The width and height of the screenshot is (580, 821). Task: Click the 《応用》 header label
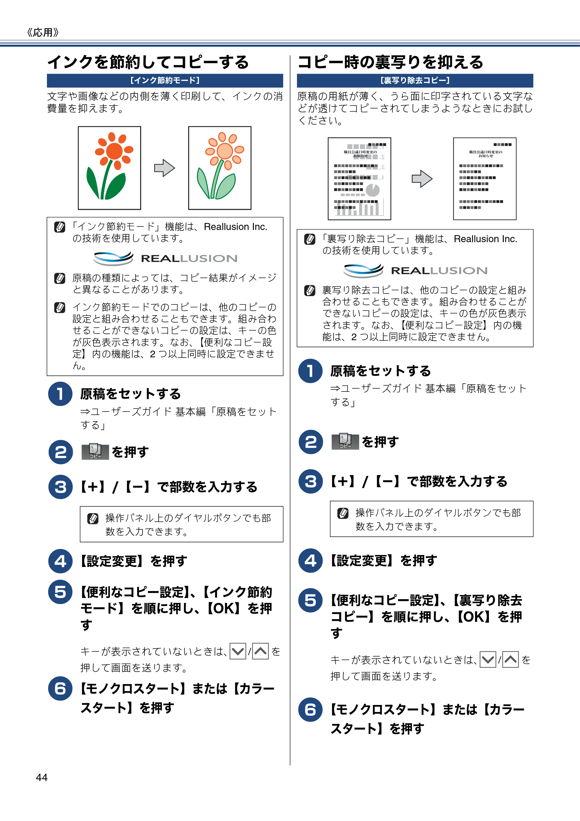(x=43, y=32)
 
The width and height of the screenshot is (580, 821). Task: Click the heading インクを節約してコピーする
(x=148, y=62)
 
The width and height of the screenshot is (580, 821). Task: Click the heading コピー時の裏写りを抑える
(x=390, y=62)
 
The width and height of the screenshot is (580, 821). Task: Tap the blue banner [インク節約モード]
(x=165, y=80)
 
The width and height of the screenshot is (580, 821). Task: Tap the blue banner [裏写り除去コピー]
(x=415, y=80)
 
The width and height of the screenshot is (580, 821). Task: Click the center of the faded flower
(x=224, y=151)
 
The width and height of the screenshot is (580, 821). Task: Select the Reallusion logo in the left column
(x=165, y=258)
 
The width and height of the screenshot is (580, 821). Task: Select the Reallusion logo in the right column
(x=415, y=270)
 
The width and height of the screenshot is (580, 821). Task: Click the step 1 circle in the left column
(x=60, y=394)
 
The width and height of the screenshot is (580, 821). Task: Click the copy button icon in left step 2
(x=95, y=452)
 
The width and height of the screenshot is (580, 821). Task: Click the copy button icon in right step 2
(x=345, y=442)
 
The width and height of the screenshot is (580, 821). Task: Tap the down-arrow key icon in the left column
(x=238, y=651)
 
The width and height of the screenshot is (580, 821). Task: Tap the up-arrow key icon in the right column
(x=511, y=659)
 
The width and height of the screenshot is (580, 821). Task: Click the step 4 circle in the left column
(x=60, y=561)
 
